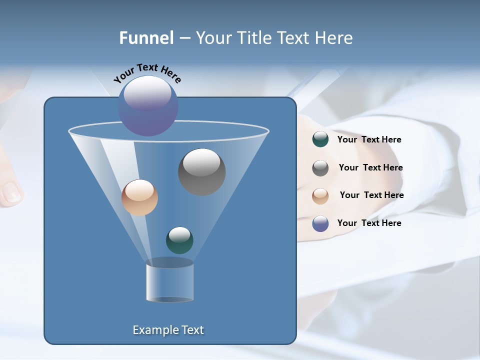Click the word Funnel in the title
[146, 38]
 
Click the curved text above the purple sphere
[147, 72]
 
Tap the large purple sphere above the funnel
[148, 106]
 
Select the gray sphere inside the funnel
[202, 172]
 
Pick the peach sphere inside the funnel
[139, 197]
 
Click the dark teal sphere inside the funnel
[179, 240]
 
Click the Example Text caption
[168, 330]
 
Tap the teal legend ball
[320, 139]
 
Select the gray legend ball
[320, 168]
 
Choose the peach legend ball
[320, 195]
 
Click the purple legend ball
[320, 223]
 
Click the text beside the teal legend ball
[369, 139]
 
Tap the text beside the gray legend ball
[370, 167]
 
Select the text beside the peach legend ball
[371, 195]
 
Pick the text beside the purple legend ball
[369, 223]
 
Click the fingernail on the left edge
[11, 192]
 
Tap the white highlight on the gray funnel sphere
[202, 162]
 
